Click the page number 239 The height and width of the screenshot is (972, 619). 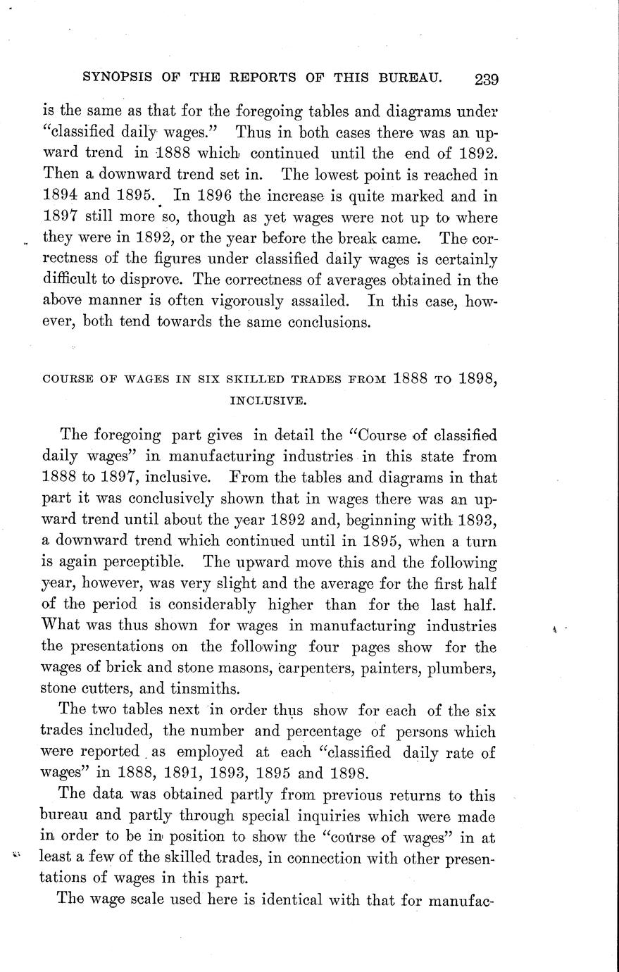[486, 79]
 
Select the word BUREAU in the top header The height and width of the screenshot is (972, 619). [415, 76]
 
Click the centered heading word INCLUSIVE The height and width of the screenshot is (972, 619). [268, 401]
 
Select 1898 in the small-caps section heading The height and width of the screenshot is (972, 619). [477, 379]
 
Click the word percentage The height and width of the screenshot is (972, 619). [323, 731]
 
